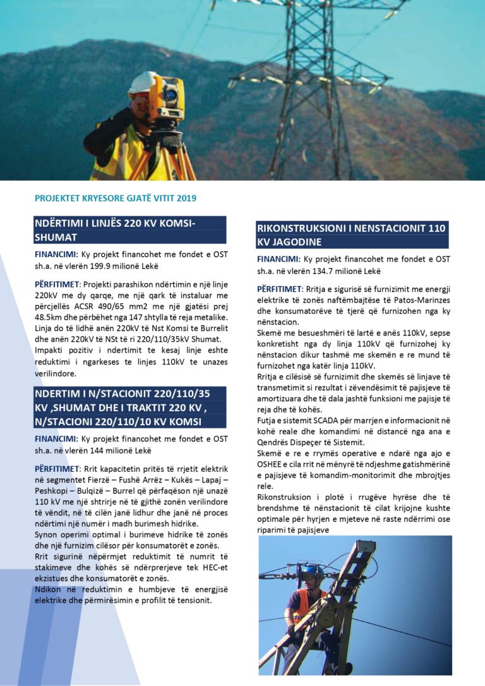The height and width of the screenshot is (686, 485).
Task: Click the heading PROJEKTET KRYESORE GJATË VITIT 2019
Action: click(116, 198)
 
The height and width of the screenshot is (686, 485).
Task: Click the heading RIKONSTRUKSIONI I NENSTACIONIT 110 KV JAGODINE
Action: click(352, 234)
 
